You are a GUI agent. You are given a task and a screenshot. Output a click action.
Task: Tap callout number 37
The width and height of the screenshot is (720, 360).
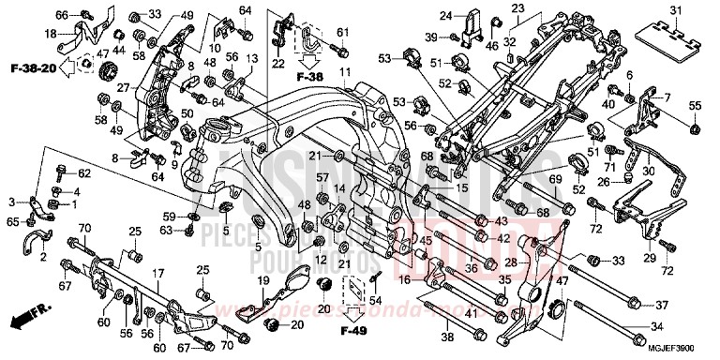pos(661,306)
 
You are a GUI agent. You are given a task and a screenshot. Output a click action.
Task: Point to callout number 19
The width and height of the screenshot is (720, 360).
pos(265,279)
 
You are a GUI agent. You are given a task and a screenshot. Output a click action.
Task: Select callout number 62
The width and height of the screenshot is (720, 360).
pos(83,173)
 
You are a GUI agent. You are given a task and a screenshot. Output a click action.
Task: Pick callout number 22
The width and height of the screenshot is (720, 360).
pos(277,63)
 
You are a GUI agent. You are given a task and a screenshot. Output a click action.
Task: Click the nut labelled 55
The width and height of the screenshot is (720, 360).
pos(695,127)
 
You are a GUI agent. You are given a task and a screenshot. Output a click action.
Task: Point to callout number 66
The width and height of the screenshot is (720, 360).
pos(62,15)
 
